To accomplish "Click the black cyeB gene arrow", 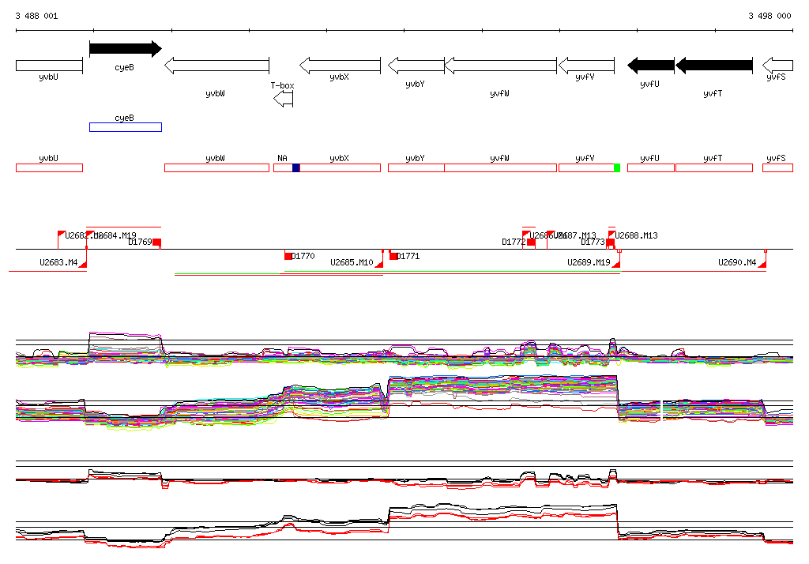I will (x=125, y=49).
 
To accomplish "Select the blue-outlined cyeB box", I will (x=125, y=126).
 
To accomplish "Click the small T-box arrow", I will (x=283, y=99).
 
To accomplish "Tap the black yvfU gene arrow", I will (x=650, y=65).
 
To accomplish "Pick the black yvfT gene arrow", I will (x=713, y=65).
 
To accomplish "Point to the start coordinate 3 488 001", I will (x=36, y=16).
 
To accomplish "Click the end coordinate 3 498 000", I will (x=769, y=16).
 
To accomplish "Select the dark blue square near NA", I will (x=296, y=167).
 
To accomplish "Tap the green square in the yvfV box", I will (x=617, y=167).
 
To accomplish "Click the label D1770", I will (x=303, y=256).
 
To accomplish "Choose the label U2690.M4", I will (x=737, y=262).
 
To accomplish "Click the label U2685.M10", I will (x=352, y=262).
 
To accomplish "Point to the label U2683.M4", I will (x=58, y=262).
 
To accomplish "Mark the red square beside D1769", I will (x=156, y=243).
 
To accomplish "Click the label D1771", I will (x=408, y=256).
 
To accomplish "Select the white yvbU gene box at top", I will (x=49, y=65).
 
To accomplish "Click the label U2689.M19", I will (x=589, y=262).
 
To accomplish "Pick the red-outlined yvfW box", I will (x=500, y=167).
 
